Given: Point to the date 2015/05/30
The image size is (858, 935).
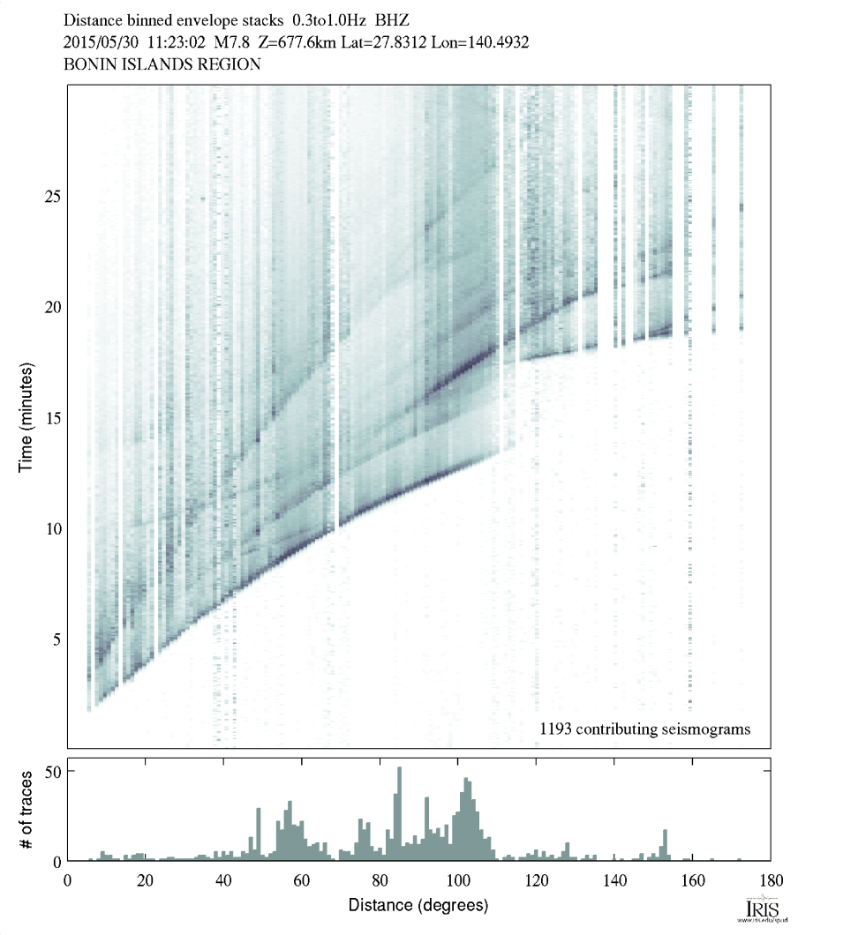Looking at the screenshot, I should click(x=97, y=41).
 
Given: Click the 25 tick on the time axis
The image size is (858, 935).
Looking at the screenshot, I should click(x=53, y=196).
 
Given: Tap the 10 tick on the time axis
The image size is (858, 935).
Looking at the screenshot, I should click(x=53, y=528).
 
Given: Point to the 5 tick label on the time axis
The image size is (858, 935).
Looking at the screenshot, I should click(x=56, y=640).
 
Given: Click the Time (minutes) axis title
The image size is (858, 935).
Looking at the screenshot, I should click(x=26, y=417).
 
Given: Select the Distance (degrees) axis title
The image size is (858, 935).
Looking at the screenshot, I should click(x=418, y=906).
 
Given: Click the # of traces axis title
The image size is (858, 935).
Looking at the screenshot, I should click(x=26, y=814).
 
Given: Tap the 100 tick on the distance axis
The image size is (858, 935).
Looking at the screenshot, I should click(x=457, y=880).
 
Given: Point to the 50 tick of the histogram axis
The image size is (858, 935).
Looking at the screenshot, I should click(x=52, y=772).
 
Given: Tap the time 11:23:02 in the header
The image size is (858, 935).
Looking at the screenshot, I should click(x=167, y=41).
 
